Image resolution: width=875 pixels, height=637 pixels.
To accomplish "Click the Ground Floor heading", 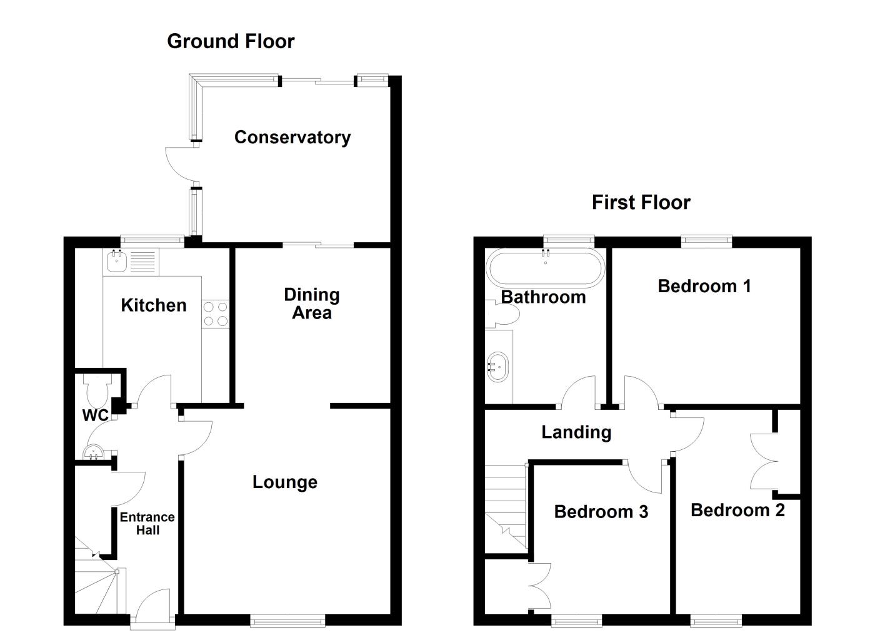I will [x=231, y=41].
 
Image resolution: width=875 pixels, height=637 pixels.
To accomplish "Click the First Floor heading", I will [x=641, y=203].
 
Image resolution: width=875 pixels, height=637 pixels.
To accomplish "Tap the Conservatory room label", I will [x=292, y=137].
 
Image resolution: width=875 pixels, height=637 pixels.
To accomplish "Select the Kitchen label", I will [x=153, y=305].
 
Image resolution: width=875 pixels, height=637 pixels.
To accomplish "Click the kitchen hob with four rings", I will [x=215, y=314].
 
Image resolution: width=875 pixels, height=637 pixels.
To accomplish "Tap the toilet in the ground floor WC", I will [x=97, y=390].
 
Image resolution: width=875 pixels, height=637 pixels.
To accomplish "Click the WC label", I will [x=95, y=415].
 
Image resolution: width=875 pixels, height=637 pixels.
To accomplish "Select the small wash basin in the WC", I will [x=92, y=451].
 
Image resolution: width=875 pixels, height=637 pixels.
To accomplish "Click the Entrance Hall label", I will [x=147, y=524].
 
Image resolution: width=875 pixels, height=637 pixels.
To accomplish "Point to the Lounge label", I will [x=284, y=482].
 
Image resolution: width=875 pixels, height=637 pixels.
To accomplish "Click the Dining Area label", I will [x=311, y=303].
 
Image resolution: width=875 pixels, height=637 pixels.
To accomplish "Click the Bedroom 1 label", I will [x=704, y=287].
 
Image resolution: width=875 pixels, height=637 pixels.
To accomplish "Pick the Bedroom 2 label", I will [x=737, y=510].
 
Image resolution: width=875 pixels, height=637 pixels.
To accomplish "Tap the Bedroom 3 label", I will [x=601, y=512].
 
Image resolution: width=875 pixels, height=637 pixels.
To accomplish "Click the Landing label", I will [x=576, y=432].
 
